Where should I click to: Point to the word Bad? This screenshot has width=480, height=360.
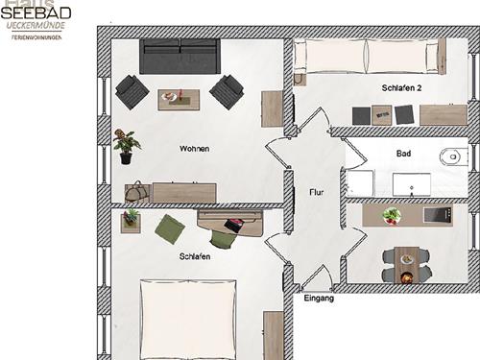coord(403,154)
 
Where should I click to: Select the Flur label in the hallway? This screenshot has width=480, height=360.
coord(316,193)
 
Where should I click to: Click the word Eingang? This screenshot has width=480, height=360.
coord(318,300)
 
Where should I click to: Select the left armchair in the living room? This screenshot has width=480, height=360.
coord(131,92)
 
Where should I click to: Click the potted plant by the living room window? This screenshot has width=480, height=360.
coord(125,143)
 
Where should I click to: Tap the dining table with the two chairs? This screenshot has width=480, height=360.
coord(407,262)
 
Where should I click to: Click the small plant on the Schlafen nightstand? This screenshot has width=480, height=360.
coord(130,220)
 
